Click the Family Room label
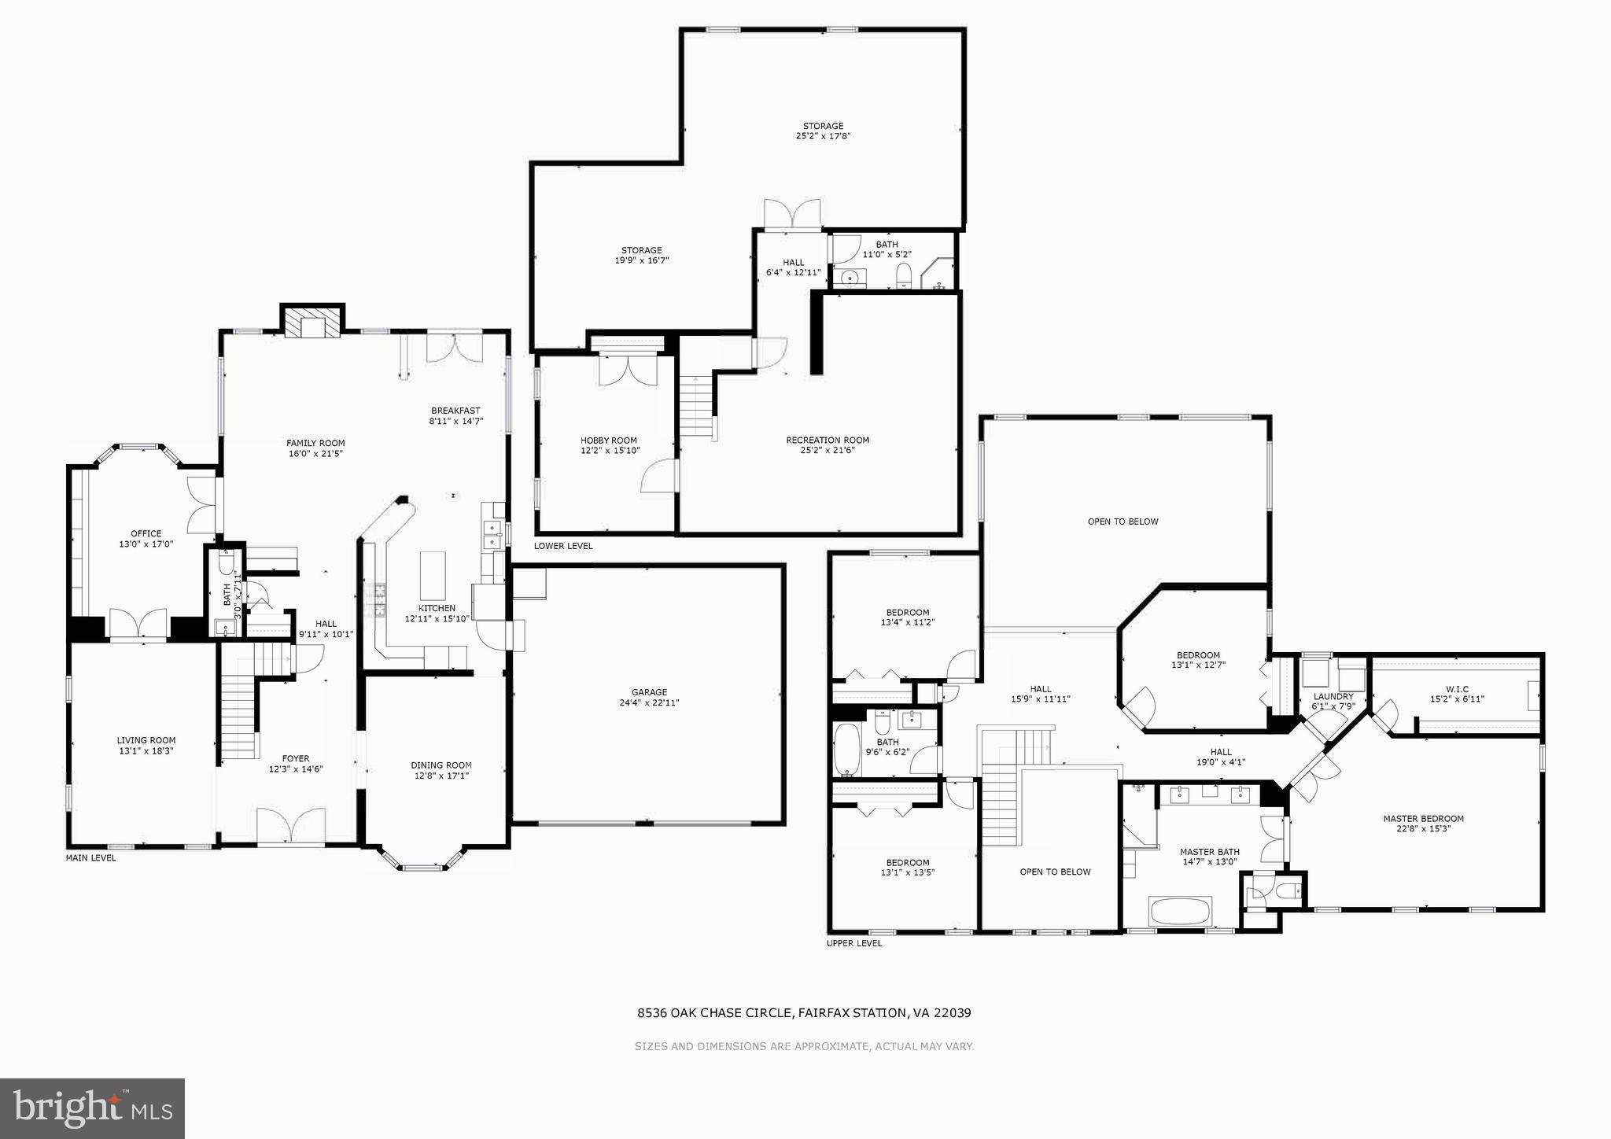click(315, 444)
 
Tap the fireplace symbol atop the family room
click(313, 323)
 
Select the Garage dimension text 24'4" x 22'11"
click(649, 703)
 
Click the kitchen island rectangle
click(432, 576)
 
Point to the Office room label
click(146, 534)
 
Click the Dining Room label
click(441, 765)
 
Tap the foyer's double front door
click(291, 826)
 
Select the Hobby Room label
click(608, 440)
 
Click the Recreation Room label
click(828, 440)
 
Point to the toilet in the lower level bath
click(903, 275)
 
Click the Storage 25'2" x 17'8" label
click(823, 127)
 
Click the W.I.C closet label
click(1457, 690)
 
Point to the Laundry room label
click(1333, 697)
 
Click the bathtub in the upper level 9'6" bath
click(846, 750)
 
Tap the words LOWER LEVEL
click(563, 546)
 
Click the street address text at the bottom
click(804, 1013)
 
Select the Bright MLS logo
click(93, 1108)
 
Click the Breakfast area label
click(455, 411)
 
